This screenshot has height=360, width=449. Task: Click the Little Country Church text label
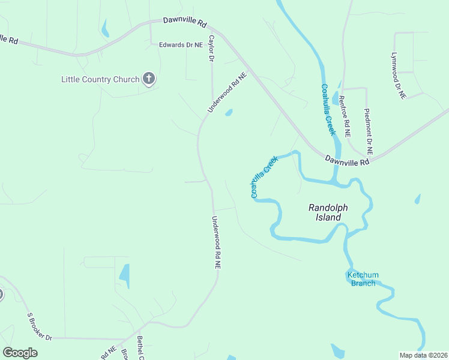tap(100, 79)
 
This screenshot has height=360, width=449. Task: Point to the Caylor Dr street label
tap(211, 49)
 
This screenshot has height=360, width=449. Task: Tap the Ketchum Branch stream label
tap(363, 279)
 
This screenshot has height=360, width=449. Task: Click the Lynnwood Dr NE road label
tap(398, 76)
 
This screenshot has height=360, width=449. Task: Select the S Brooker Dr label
tap(40, 326)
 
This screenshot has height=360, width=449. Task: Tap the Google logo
tap(20, 352)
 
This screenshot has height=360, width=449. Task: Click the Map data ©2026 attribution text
tap(423, 355)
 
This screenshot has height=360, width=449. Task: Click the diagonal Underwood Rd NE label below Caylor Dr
tap(227, 93)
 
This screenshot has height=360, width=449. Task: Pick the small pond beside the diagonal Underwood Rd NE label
tap(229, 112)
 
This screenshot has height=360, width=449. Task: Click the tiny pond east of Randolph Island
tap(417, 199)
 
